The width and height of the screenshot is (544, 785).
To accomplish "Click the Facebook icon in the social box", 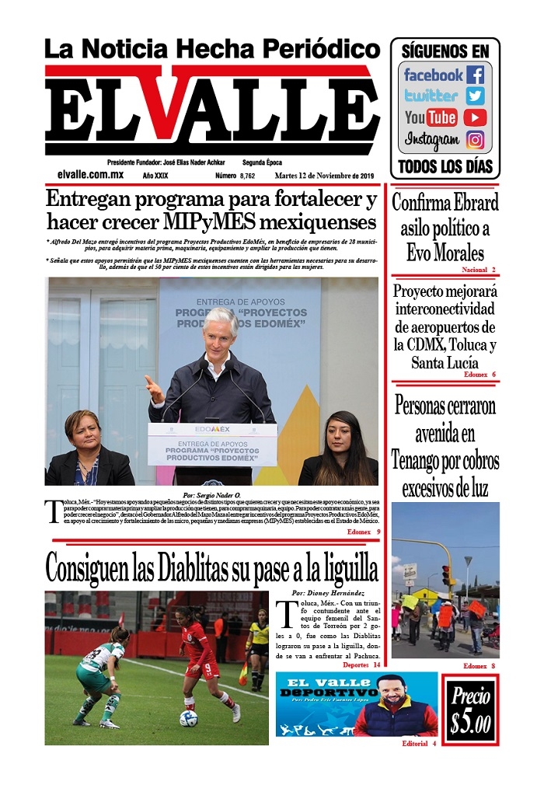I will (x=475, y=75).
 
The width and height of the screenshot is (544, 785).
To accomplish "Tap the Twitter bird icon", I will (x=475, y=96).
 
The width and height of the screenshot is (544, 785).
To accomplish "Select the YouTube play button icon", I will (x=475, y=118).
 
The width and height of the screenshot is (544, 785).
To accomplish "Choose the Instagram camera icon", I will (x=475, y=140).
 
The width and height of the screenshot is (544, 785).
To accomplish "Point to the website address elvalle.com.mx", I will (x=90, y=176).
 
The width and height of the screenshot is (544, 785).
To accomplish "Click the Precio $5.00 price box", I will (x=470, y=710).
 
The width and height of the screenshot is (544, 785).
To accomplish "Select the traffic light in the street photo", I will (x=447, y=575).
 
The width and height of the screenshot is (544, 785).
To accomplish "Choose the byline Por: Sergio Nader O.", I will (x=211, y=494).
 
